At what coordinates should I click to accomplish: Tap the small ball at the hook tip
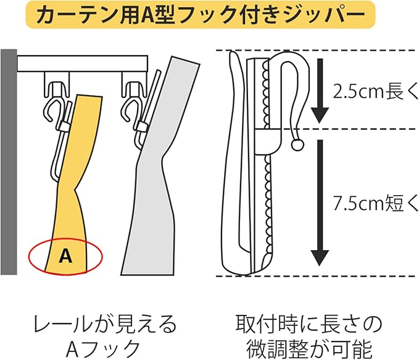[x=297, y=146]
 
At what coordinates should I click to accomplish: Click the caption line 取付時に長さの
[x=309, y=324]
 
